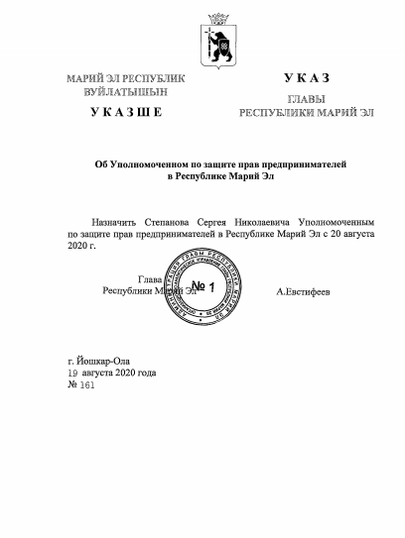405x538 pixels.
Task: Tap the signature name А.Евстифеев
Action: coord(303,293)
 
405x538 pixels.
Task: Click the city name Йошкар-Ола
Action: coord(104,362)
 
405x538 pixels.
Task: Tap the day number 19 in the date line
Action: coord(72,374)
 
